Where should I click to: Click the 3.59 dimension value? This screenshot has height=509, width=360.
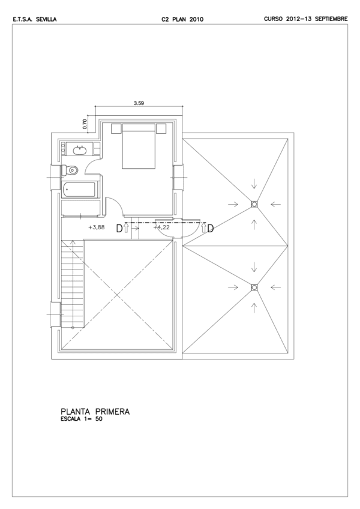139,104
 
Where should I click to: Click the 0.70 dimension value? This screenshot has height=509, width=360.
85,125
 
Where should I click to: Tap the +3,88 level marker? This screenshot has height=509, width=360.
97,227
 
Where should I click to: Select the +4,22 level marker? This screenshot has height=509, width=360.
161,227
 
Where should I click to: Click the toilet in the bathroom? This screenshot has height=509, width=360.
70,170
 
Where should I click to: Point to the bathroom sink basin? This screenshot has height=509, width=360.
80,150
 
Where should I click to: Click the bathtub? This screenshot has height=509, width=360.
80,190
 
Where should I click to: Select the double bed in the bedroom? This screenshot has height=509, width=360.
138,146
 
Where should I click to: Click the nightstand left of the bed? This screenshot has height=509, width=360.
116,128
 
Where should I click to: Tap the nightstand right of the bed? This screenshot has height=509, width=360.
161,128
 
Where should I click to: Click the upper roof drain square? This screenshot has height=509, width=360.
254,204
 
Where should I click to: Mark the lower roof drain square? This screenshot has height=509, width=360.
254,287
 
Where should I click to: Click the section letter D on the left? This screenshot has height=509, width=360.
119,229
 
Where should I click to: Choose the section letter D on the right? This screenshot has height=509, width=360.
211,229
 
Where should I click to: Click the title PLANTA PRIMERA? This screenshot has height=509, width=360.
95,412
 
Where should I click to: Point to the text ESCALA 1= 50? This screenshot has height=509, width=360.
82,419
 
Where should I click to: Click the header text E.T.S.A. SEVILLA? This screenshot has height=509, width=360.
35,19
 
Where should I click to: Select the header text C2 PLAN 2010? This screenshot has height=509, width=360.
182,19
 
